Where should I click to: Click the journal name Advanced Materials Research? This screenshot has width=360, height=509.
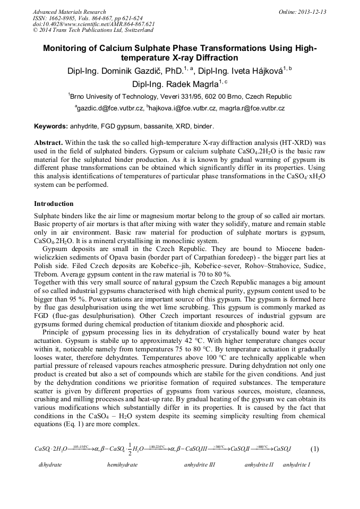click(69, 12)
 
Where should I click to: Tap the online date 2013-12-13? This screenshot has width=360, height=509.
click(314, 12)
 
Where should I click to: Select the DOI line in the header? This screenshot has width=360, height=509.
click(93, 24)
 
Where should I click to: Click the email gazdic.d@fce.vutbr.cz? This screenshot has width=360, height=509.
click(109, 108)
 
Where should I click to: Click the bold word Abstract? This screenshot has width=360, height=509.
click(48, 143)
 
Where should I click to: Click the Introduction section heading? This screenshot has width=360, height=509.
click(54, 204)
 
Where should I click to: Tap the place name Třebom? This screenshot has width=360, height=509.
click(46, 274)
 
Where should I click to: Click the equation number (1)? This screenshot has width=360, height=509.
click(314, 448)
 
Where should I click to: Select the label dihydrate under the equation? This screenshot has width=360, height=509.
click(50, 464)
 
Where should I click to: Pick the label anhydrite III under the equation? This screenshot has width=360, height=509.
click(200, 464)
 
